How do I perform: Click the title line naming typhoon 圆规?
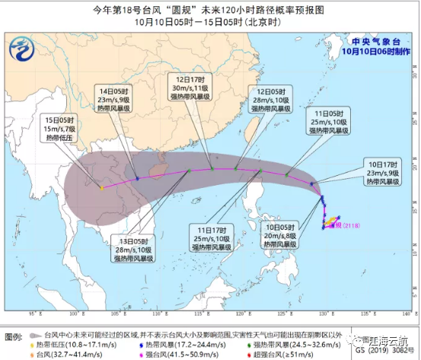209,10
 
